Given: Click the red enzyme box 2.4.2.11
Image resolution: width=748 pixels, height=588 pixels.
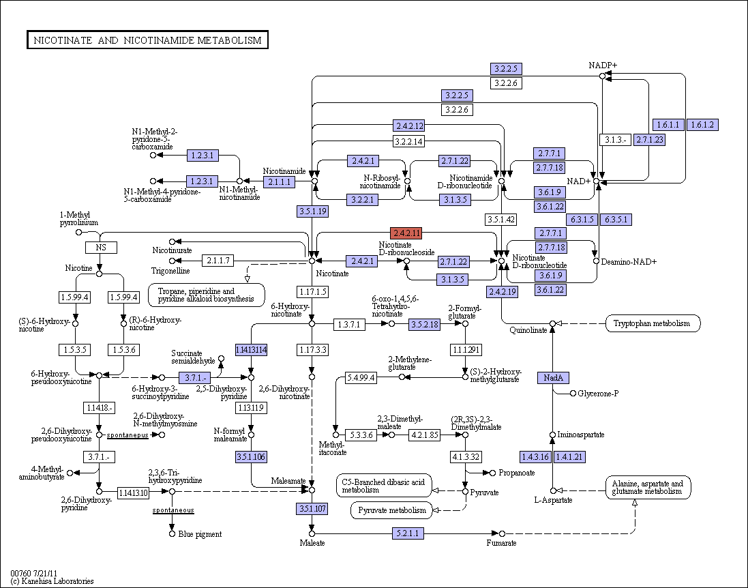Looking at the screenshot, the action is pos(406,233).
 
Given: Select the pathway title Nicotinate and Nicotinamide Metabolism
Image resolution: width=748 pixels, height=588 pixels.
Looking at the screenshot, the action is pos(147,40).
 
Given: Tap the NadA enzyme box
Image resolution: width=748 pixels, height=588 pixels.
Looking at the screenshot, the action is pos(554,378).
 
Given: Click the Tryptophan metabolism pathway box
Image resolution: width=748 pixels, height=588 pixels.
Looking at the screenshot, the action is pos(653,323).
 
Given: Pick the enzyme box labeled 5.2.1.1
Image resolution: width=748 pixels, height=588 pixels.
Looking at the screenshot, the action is pos(408,533).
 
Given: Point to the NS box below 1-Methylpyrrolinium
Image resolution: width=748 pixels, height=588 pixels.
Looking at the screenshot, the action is pos(101,247).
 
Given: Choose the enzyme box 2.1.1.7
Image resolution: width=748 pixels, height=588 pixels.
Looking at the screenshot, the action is pos(218,261).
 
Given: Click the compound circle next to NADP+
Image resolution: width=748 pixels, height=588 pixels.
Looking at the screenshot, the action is pos(602,76).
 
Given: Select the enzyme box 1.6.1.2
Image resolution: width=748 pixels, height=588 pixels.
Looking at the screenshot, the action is pos(702,125).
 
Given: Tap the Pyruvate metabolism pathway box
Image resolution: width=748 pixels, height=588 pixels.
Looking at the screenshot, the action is pos(392,510).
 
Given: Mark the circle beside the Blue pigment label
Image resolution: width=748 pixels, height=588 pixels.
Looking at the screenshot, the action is pos(173,533).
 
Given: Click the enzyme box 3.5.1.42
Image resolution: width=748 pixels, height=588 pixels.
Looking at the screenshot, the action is pos(501,220).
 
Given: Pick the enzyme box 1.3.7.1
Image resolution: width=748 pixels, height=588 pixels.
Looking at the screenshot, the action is pos(349,325).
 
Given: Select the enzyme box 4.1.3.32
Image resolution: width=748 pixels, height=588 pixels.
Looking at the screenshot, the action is pos(466,457).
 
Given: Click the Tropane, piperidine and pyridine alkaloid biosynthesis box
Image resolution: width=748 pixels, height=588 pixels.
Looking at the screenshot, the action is pos(206,295).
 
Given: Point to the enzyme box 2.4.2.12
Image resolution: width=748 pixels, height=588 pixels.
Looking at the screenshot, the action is pos(409,126).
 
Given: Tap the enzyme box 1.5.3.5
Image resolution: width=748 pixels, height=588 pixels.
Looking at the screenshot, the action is pos(75,350).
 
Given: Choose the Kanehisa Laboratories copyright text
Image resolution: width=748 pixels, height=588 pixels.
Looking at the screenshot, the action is pos(52,581).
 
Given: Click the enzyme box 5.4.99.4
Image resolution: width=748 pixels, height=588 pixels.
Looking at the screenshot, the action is pos(361,378).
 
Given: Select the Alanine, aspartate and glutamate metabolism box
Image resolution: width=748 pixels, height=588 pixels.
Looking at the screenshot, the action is pos(648,487).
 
